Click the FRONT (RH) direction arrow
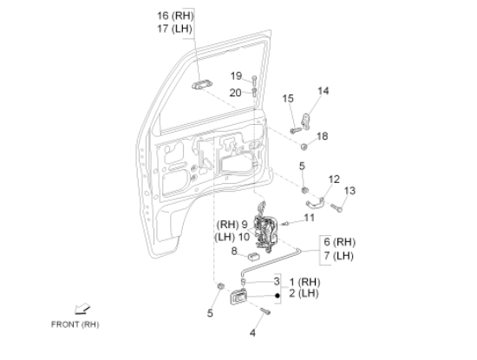pyautogui.click(x=82, y=309)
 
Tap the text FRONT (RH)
pyautogui.click(x=75, y=324)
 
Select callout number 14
pyautogui.click(x=323, y=91)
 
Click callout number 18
pyautogui.click(x=322, y=136)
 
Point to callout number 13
pyautogui.click(x=350, y=191)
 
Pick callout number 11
pyautogui.click(x=309, y=218)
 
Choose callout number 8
pyautogui.click(x=234, y=251)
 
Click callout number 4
pyautogui.click(x=252, y=333)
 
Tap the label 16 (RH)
pyautogui.click(x=175, y=16)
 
